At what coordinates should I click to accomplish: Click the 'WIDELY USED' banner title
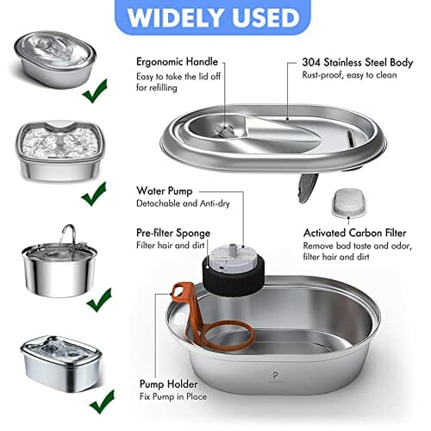[213, 17]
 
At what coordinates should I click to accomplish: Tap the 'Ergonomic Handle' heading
[177, 62]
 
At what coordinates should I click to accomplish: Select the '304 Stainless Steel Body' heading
[358, 62]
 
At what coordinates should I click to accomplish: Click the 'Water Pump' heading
[165, 191]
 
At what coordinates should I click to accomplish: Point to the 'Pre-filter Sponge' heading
[173, 233]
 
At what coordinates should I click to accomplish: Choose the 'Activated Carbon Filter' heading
[355, 233]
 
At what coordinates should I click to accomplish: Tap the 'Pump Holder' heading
[169, 384]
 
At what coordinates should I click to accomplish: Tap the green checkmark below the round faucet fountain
[99, 300]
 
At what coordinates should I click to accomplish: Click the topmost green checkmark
[95, 91]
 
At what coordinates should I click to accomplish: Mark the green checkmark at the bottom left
[102, 401]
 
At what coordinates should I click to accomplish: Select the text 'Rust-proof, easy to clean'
[349, 75]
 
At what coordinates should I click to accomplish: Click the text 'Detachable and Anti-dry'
[183, 203]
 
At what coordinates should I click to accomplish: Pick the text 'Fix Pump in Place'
[173, 397]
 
